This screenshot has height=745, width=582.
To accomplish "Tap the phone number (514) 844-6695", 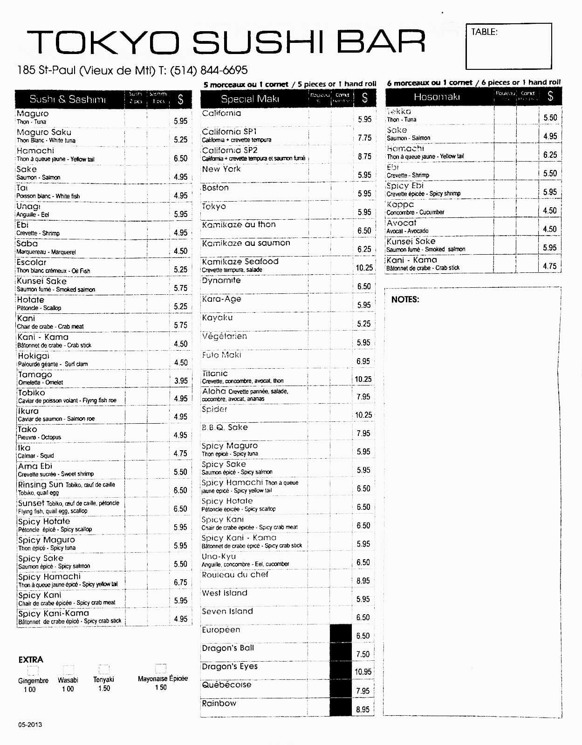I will pyautogui.click(x=209, y=70).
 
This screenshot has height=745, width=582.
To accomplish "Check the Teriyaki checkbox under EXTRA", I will pyautogui.click(x=104, y=670).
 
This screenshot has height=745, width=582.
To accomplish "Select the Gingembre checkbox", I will pyautogui.click(x=33, y=670).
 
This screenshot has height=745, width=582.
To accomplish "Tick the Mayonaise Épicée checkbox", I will pyautogui.click(x=161, y=669).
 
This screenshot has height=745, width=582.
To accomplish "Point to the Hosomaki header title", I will pyautogui.click(x=437, y=97).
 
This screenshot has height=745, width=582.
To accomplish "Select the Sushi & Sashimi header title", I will pyautogui.click(x=68, y=99).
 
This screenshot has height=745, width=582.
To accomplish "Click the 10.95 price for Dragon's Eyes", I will pyautogui.click(x=363, y=671).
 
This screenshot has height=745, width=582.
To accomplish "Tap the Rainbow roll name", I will pyautogui.click(x=219, y=703).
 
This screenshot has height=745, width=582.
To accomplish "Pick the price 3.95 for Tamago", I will pyautogui.click(x=181, y=380).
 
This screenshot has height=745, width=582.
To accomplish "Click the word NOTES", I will pyautogui.click(x=405, y=299).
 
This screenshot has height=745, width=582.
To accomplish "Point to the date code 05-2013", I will pyautogui.click(x=30, y=725).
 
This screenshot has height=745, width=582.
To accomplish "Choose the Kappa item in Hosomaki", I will pyautogui.click(x=400, y=204).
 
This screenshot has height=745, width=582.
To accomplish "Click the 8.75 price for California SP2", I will pyautogui.click(x=364, y=156).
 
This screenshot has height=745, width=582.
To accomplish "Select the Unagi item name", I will pyautogui.click(x=28, y=206).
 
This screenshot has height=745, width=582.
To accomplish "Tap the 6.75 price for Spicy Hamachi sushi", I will pyautogui.click(x=180, y=582).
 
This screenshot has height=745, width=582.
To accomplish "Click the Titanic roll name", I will pyautogui.click(x=215, y=373).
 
